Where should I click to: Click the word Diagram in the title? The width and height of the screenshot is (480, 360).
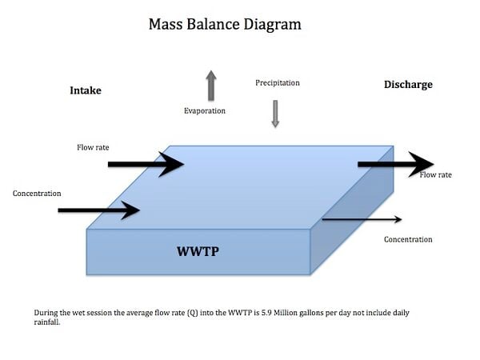coord(273,25)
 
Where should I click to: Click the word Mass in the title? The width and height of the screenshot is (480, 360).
coord(166,24)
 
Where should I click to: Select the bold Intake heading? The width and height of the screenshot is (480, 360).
coord(86,90)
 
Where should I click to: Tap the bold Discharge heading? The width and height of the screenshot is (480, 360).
coord(408,85)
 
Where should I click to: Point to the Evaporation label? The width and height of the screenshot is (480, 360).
coord(205,111)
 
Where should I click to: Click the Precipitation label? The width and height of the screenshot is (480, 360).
coord(278,82)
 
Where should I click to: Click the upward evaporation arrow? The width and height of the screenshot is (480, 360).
coord(211,86)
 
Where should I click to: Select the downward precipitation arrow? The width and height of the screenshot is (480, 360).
coord(275,114)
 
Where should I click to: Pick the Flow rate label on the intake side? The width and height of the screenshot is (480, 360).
coord(93,147)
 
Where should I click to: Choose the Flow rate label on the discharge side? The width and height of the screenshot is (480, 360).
coord(436,174)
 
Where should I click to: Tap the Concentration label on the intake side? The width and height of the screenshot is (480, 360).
coord(37,194)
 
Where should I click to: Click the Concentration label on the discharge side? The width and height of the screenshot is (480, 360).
coord(408,239)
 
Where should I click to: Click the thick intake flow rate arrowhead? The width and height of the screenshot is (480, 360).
coord(171,164)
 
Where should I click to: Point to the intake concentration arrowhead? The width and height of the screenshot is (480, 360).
coord(130,210)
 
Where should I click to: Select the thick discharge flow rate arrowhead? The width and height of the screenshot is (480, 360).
coord(422,164)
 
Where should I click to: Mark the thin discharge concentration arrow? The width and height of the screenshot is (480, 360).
coord(362,219)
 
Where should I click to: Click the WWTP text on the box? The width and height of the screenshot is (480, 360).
coord(198,252)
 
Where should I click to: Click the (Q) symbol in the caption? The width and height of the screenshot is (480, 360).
coord(192,313)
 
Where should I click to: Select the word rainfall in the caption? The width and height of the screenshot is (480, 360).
coord(47,322)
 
